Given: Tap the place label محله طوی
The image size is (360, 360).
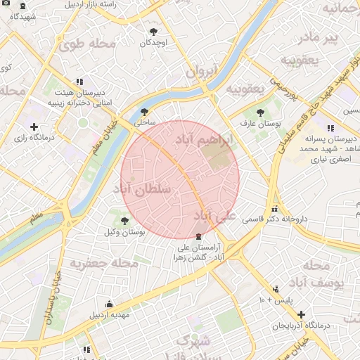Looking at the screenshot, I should [x=87, y=44].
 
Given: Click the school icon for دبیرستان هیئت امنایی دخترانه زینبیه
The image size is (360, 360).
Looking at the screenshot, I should [x=78, y=82].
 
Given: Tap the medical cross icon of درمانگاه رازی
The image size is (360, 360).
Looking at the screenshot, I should [x=34, y=126].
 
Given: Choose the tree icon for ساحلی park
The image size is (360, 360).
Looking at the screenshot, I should [x=145, y=111].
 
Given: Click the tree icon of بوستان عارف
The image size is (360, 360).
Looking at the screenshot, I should [x=260, y=112].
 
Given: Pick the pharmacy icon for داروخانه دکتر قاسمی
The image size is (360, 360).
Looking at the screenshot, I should [x=274, y=209].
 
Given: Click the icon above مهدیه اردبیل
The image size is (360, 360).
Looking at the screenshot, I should [x=109, y=304].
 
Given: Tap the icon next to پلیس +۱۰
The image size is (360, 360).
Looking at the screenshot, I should [x=276, y=289].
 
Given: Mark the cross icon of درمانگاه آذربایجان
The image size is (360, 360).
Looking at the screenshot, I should [x=302, y=314].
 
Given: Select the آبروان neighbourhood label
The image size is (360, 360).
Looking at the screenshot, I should [x=205, y=71].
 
